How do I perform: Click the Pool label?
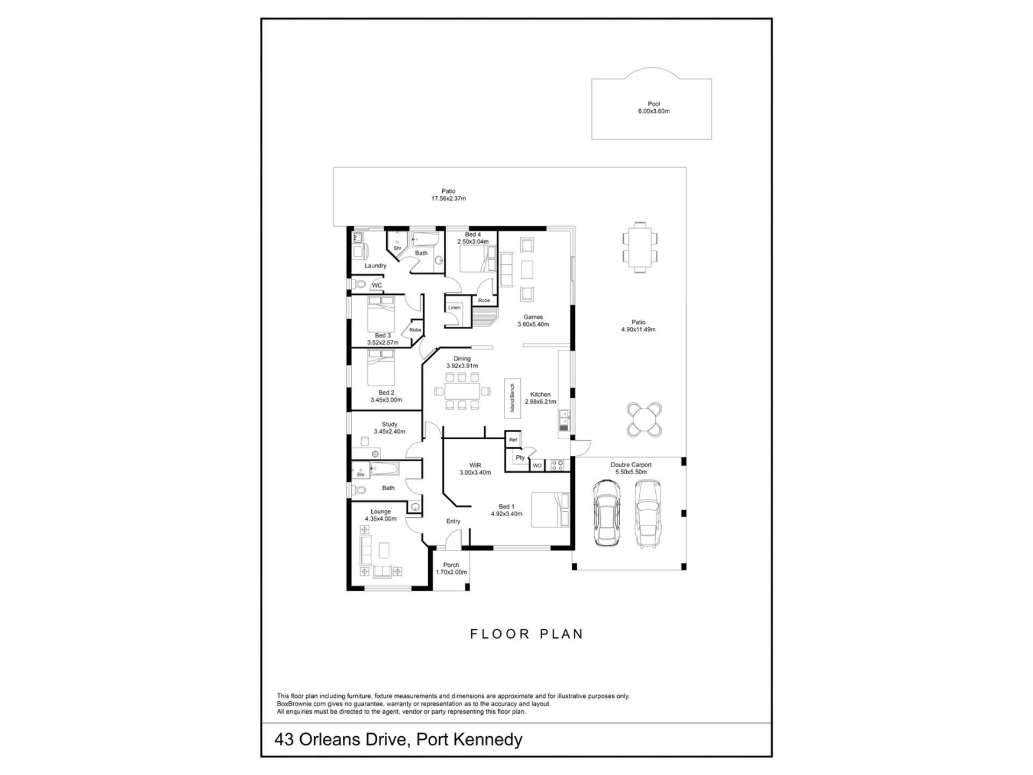click(654, 104)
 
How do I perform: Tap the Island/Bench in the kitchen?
click(513, 398)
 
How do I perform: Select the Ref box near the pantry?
click(513, 440)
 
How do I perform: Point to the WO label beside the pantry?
click(537, 466)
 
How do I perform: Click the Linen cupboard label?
click(454, 307)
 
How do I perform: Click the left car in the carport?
click(606, 513)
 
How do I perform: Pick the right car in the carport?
click(647, 513)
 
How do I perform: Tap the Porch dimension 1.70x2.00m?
click(451, 572)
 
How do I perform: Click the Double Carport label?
click(631, 464)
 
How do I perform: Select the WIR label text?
click(475, 465)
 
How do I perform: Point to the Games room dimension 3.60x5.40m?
click(533, 325)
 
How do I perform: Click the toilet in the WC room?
click(359, 284)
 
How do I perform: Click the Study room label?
click(390, 424)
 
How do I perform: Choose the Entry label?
click(453, 521)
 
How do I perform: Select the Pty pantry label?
click(520, 458)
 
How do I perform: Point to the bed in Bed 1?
click(550, 510)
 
